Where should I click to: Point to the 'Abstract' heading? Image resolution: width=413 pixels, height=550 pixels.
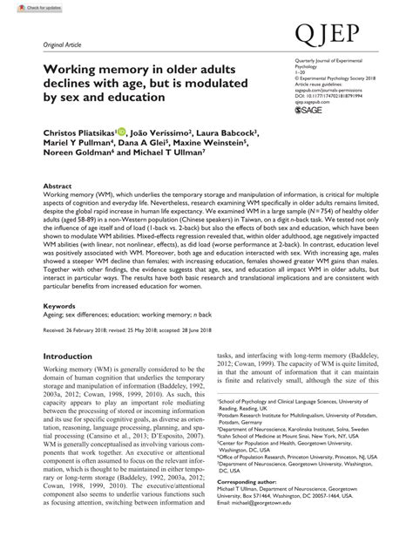click(x=58, y=187)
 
